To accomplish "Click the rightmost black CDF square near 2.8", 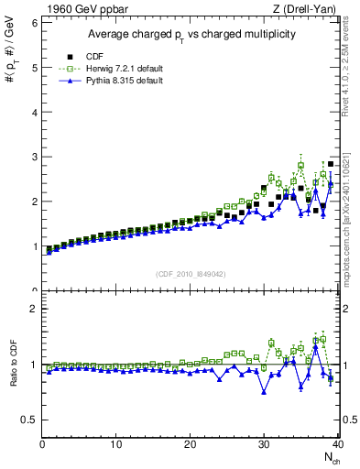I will coord(331,165).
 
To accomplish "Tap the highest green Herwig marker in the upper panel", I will coord(301,166).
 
